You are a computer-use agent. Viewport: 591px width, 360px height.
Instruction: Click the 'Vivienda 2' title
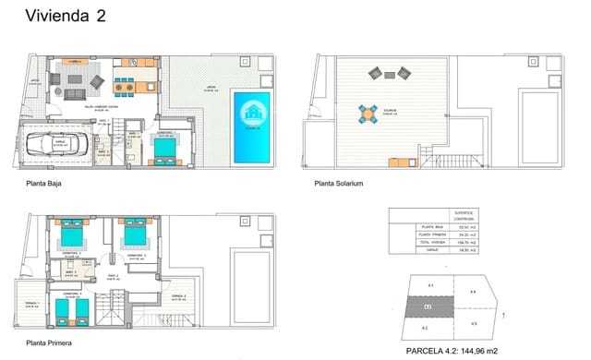(65, 16)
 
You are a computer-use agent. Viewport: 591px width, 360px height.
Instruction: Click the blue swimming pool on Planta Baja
(251, 125)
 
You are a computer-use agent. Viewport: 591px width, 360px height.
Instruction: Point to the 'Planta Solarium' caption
(339, 184)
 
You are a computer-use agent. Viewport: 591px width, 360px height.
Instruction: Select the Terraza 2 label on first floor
(177, 295)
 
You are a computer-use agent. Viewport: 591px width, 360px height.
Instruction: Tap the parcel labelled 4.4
(472, 293)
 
